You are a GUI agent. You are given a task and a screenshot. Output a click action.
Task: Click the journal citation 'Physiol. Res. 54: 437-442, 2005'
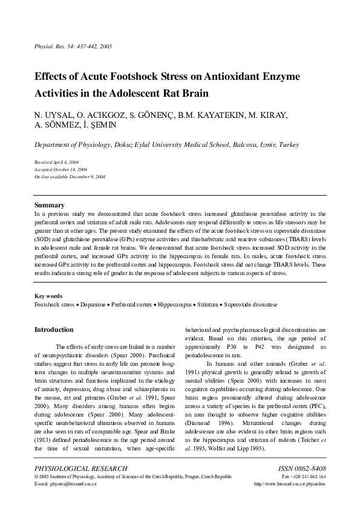73,47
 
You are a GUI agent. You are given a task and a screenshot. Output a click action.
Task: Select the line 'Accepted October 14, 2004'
61,170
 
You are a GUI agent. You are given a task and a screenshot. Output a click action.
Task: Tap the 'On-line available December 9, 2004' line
70,177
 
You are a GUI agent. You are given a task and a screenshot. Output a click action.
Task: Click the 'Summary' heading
50,205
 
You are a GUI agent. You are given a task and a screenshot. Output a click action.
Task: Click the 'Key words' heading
48,296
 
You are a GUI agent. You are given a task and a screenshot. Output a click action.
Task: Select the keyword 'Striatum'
205,305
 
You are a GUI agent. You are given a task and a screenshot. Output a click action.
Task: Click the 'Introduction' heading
54,330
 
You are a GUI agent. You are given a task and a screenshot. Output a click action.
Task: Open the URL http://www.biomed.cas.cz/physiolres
290,484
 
